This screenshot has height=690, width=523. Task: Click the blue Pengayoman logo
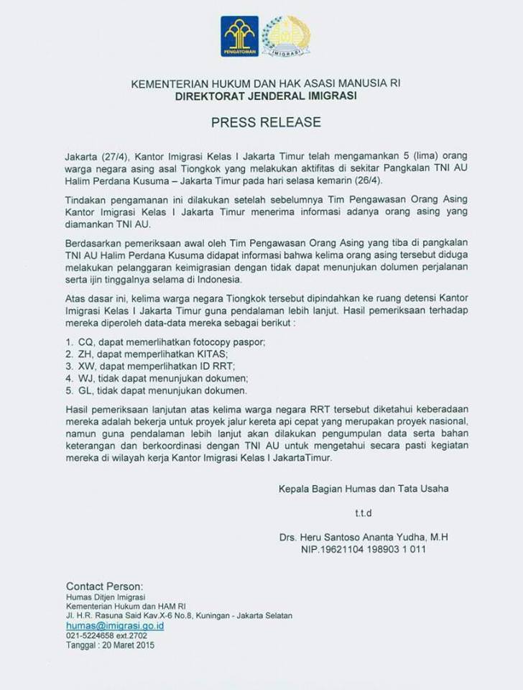tap(239, 36)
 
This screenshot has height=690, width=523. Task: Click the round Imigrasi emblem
tap(285, 36)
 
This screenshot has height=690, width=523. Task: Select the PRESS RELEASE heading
tap(266, 122)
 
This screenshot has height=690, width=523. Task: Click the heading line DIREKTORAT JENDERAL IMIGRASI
tap(266, 96)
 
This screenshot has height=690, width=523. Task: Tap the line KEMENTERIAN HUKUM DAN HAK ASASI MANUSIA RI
tap(266, 83)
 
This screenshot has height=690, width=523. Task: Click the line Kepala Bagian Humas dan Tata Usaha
tap(364, 489)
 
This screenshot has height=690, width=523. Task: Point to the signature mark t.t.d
tap(363, 513)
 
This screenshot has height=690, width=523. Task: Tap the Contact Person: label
tap(104, 586)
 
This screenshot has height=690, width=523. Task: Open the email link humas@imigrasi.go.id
tap(115, 626)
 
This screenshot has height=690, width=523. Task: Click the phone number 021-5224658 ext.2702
tap(106, 636)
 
